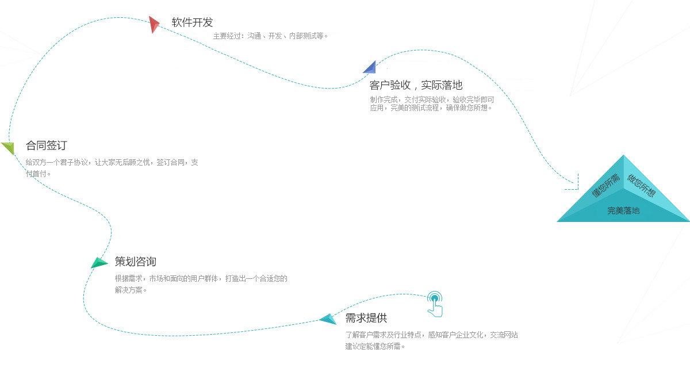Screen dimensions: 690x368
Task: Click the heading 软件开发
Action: tap(192, 22)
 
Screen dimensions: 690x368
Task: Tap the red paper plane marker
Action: tap(154, 24)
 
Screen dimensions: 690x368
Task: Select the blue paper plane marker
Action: tap(370, 68)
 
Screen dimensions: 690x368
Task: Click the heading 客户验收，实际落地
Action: tap(416, 85)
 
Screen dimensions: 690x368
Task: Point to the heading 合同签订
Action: tap(46, 145)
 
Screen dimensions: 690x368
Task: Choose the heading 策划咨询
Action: tap(135, 262)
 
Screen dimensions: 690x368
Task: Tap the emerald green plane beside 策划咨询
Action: tap(99, 263)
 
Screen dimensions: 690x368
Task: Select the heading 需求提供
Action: tap(366, 318)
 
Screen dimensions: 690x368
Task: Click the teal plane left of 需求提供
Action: tap(328, 319)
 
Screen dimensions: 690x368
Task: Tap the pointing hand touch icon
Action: tap(435, 304)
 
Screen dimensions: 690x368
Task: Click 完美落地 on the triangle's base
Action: tap(623, 210)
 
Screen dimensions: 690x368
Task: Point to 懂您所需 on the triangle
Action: tap(605, 185)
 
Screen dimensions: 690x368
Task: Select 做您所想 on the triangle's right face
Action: tap(641, 185)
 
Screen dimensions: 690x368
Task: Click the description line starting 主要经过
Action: tap(270, 36)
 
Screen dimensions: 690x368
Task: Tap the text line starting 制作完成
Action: tap(432, 99)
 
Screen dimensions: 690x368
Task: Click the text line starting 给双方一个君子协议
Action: tap(112, 162)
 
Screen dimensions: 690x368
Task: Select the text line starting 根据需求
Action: tap(201, 278)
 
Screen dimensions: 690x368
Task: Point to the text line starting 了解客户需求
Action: tap(431, 335)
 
